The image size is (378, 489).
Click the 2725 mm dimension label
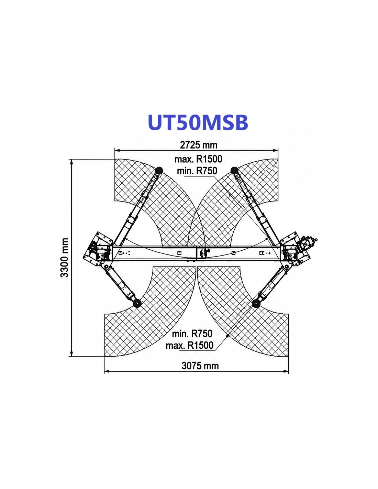(x=199, y=145)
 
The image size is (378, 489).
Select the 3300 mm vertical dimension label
(x=65, y=258)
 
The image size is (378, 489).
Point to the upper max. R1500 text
(x=198, y=159)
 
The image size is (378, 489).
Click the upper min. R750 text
(x=197, y=171)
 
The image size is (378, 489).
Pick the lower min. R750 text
(x=192, y=334)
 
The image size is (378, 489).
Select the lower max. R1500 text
(x=189, y=345)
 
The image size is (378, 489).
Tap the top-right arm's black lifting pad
(x=234, y=170)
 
